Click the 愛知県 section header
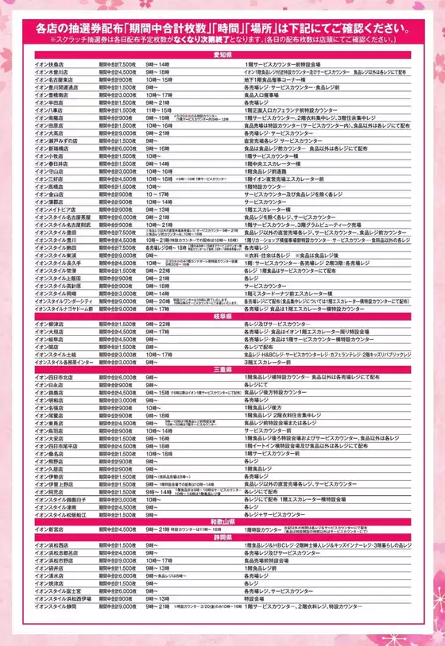[222, 54]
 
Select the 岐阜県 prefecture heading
[222, 316]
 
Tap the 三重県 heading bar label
[222, 369]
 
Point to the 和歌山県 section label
[222, 521]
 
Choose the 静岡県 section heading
[222, 536]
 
